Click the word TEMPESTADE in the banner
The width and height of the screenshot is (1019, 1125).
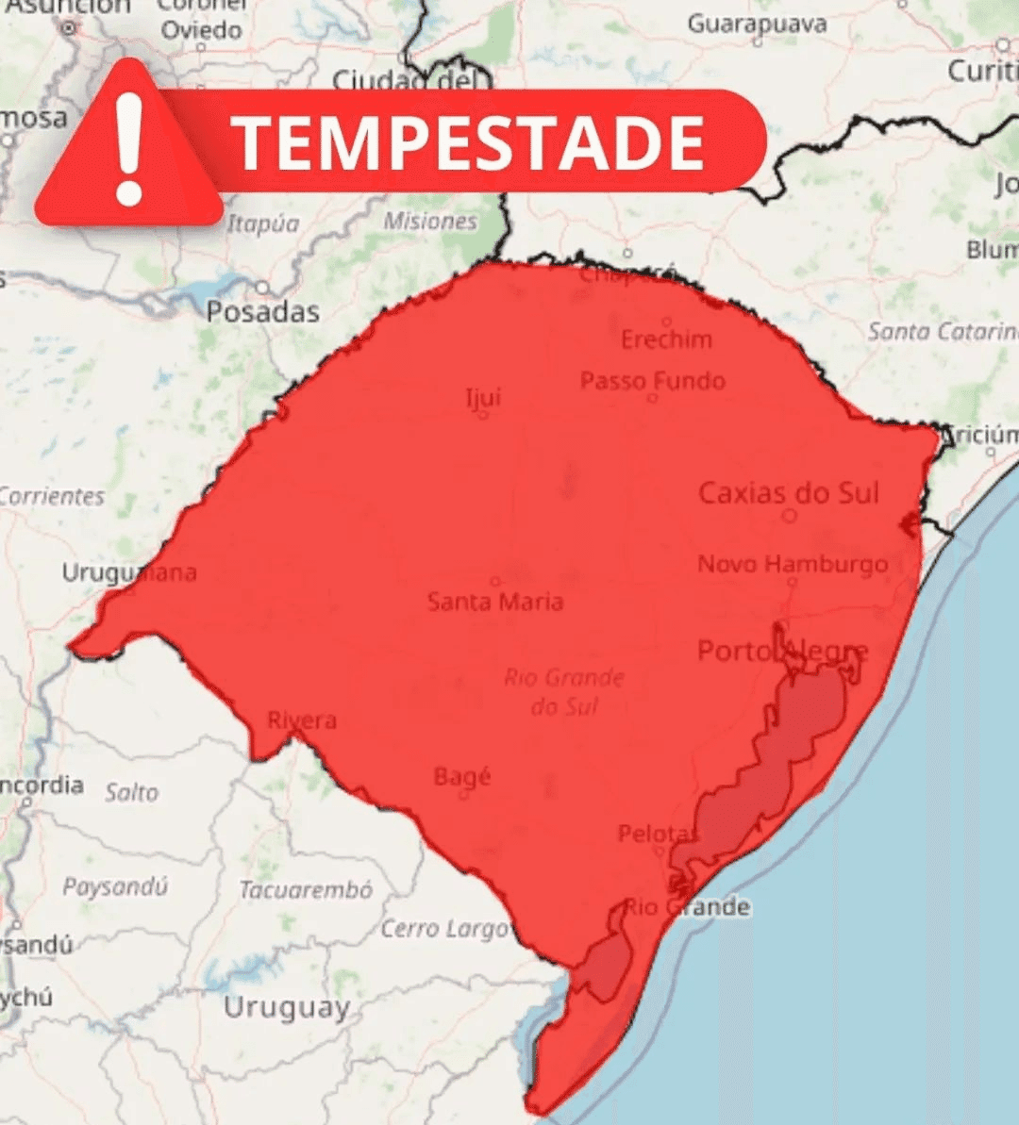coord(469,143)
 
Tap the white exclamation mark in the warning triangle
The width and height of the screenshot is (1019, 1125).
coord(129,151)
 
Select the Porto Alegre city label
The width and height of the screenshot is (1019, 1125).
coord(782,651)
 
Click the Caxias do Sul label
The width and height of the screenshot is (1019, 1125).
coord(788,492)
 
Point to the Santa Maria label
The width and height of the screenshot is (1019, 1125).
coord(495,602)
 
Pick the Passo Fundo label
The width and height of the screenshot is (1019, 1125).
coord(653,381)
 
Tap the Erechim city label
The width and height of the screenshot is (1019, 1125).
coord(666,339)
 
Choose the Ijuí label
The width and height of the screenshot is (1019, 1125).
coord(483,397)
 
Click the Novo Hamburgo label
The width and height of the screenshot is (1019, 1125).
coord(793,564)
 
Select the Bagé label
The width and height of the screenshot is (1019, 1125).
coord(462,777)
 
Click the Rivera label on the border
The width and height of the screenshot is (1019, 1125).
coord(302,720)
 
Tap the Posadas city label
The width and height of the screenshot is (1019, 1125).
coord(262,312)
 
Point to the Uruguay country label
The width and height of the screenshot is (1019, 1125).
coord(286,1007)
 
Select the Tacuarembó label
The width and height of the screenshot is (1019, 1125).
coord(305,890)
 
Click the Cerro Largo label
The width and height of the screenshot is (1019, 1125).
coord(445,929)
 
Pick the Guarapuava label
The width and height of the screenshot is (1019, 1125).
coord(757,24)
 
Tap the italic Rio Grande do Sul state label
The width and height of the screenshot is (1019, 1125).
coord(564,691)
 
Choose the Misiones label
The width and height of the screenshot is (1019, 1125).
coord(430,222)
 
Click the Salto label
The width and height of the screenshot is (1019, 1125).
coord(132,792)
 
